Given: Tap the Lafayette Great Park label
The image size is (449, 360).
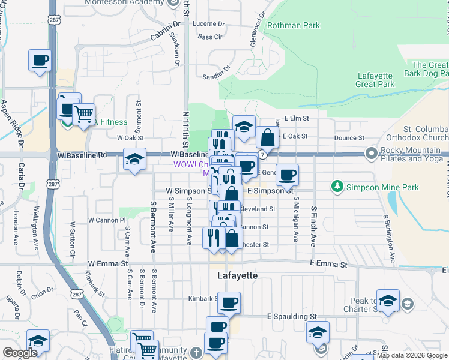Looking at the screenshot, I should (375, 80).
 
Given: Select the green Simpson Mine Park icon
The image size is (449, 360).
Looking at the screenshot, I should (337, 187).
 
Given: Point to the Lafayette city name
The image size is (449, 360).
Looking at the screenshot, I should (237, 275).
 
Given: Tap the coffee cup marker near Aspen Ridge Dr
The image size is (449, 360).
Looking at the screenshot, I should (40, 61).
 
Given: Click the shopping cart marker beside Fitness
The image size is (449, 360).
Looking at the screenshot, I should (83, 112).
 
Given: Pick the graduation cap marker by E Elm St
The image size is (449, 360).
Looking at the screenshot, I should (244, 127).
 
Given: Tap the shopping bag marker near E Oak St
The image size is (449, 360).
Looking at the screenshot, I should (267, 137).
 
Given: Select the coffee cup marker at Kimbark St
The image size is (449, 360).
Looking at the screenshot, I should (228, 303).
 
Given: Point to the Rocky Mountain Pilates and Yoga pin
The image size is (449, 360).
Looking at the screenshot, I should (371, 154).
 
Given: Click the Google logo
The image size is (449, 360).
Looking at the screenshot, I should (20, 353).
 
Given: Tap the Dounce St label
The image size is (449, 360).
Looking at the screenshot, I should (346, 138).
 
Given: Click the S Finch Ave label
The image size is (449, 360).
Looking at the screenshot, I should (313, 227).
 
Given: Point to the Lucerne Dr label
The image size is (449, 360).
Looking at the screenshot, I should (209, 25).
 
